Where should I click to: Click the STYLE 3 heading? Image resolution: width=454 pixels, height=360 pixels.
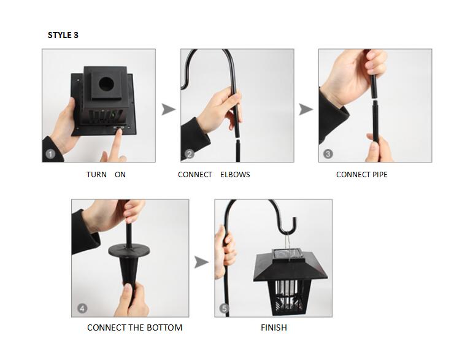[x=63, y=35]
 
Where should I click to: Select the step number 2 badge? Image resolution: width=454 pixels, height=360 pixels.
[x=190, y=154]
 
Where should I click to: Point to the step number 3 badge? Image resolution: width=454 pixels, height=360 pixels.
[x=328, y=154]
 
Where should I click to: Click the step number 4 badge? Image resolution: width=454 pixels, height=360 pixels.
[x=82, y=308]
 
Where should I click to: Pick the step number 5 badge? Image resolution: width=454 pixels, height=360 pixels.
[x=224, y=308]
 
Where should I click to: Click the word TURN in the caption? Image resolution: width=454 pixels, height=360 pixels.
[x=96, y=175]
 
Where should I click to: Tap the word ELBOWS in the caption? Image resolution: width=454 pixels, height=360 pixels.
[x=235, y=175]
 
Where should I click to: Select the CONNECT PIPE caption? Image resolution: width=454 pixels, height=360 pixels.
[x=361, y=175]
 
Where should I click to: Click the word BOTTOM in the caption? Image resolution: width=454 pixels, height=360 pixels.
[x=163, y=327]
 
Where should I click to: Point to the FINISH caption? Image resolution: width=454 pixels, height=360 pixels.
[x=274, y=327]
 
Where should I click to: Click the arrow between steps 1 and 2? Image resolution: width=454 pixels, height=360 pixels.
[x=168, y=109]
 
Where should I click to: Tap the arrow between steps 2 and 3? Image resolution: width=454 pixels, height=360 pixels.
[x=306, y=109]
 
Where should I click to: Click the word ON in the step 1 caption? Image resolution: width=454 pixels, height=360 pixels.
[x=120, y=175]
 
